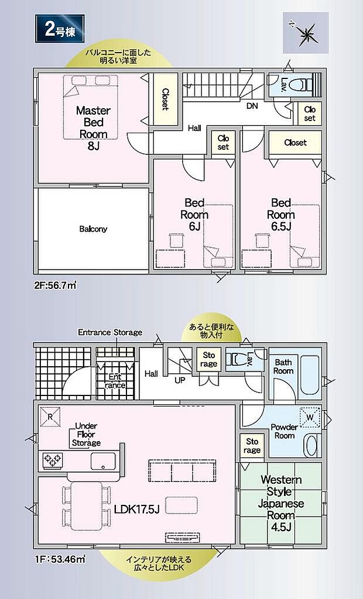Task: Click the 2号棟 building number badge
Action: point(60,29)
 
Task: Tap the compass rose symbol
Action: point(306,33)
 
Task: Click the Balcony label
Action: point(93,229)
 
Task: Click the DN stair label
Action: point(252,106)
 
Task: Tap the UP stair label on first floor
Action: point(180,380)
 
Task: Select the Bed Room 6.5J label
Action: point(281,214)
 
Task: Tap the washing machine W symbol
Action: point(310,418)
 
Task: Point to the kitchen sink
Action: point(103,461)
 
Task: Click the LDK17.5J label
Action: point(136,510)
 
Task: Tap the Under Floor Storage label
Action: point(86,435)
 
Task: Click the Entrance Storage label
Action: point(110,332)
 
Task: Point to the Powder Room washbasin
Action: point(313,446)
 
